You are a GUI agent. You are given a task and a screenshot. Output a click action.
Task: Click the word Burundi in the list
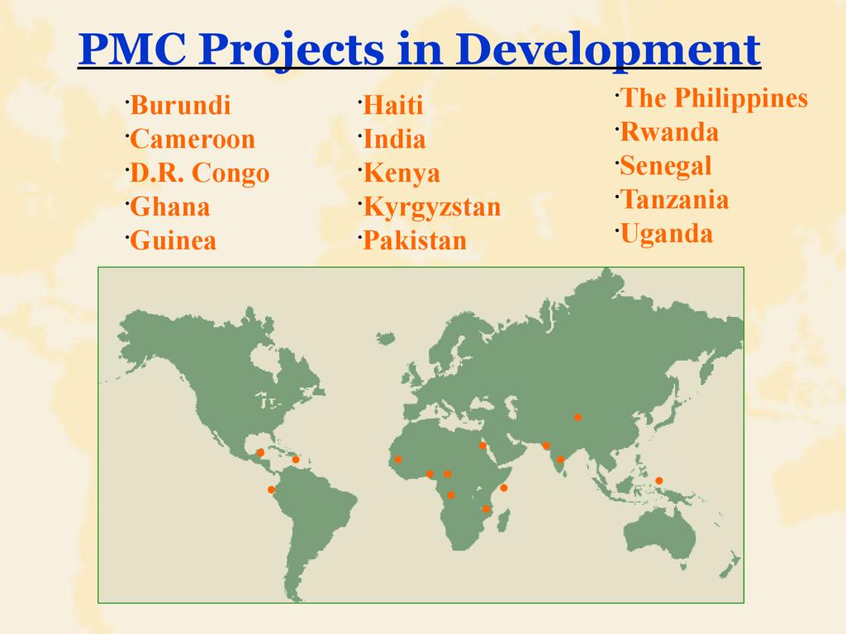pos(180,105)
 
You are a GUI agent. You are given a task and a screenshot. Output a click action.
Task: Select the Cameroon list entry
pos(192,139)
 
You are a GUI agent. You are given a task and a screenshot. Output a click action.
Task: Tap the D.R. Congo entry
pos(200,174)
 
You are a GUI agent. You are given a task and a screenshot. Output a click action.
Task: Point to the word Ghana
pos(170,207)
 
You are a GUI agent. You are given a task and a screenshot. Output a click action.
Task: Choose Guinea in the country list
pos(173,241)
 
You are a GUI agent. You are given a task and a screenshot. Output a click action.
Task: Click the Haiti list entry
pos(392,105)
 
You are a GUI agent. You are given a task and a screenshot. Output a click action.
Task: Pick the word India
pos(394,139)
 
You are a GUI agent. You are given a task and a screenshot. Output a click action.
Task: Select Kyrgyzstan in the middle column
pos(432,208)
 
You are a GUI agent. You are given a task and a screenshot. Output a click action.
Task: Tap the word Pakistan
pos(415,241)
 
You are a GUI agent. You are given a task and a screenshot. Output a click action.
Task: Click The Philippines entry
pos(715,99)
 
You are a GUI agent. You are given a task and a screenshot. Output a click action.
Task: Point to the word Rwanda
pos(669,132)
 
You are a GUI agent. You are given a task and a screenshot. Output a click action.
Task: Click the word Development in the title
pos(611,50)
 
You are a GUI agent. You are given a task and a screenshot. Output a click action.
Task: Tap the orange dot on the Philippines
pos(658,481)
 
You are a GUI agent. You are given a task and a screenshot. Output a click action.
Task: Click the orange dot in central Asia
pos(577,417)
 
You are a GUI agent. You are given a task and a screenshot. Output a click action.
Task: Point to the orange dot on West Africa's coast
pos(398,459)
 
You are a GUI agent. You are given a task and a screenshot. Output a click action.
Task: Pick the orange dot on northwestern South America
pos(271,490)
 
